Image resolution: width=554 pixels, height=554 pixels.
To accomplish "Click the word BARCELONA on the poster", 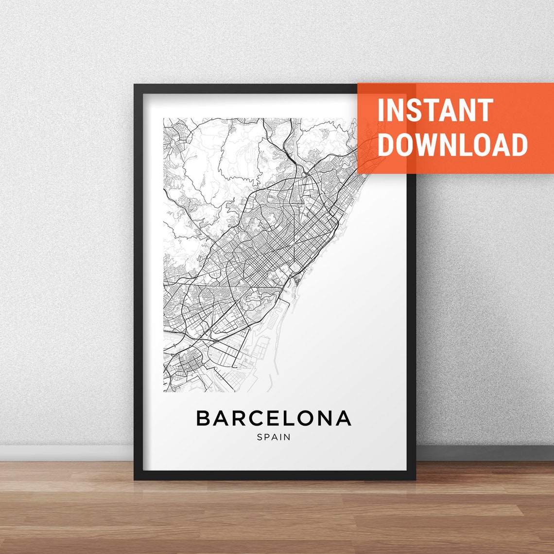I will [274, 418].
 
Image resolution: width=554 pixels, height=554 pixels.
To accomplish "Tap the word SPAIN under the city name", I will [274, 437].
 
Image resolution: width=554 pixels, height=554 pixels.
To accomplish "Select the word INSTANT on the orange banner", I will [435, 110].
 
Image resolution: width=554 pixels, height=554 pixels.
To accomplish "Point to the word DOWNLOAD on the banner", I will [452, 144].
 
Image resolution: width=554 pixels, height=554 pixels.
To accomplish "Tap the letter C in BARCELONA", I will [256, 418].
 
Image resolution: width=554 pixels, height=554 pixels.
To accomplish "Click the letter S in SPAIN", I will [260, 437].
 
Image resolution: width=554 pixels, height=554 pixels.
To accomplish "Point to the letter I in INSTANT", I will [381, 110].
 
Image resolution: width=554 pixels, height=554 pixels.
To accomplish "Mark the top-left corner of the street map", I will [163, 118].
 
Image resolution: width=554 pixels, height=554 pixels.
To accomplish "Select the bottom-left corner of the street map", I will [163, 392].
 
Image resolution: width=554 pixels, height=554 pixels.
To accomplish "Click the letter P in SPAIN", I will [267, 437].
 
